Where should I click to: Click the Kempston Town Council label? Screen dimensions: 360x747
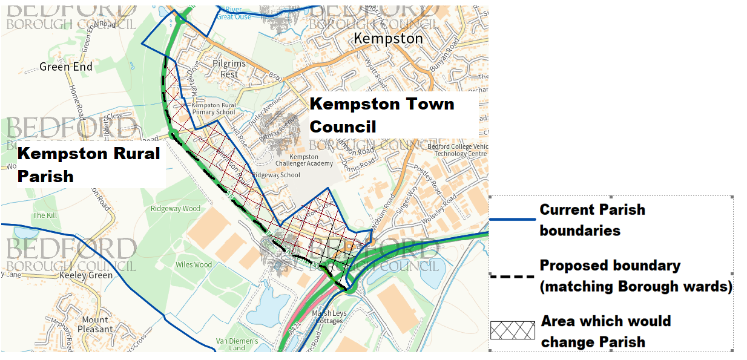coord(381,115)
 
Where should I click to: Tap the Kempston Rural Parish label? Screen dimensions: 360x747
coord(88,164)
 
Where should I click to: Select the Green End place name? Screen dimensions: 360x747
coord(66,67)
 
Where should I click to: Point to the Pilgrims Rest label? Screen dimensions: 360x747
coord(229,69)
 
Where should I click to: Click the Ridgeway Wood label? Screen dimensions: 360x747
coord(175,209)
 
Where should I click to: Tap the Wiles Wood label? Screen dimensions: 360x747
coord(194,264)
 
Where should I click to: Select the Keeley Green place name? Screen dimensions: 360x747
coord(87,275)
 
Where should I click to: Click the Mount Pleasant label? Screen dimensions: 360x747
coord(97,324)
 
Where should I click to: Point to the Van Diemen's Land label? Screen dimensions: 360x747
coord(237,344)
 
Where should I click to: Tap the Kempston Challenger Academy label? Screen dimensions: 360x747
coord(304,160)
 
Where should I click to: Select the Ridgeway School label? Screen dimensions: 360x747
coord(276,175)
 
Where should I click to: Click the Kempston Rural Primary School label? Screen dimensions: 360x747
coord(214,108)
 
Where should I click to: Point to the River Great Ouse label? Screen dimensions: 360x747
coord(233,13)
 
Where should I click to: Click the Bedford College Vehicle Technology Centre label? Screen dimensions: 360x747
coord(456,150)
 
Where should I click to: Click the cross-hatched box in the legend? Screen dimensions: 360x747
coord(512,330)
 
